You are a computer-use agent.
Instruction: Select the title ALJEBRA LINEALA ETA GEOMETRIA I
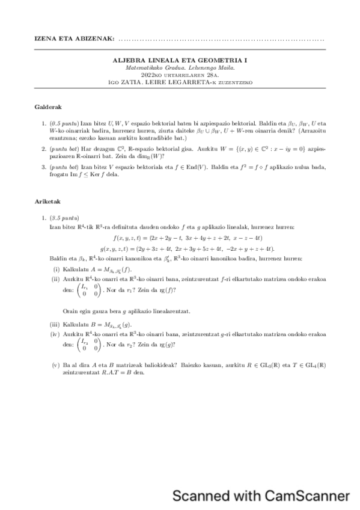click(x=180, y=60)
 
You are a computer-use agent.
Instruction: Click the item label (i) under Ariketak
click(x=56, y=268)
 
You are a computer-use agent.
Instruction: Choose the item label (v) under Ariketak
click(x=56, y=364)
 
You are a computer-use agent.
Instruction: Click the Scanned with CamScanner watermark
click(x=261, y=496)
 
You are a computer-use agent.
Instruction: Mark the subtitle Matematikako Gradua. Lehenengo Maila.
click(x=180, y=67)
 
